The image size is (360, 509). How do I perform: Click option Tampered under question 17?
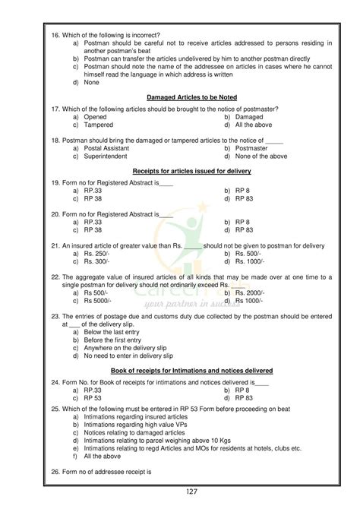[99, 125]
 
